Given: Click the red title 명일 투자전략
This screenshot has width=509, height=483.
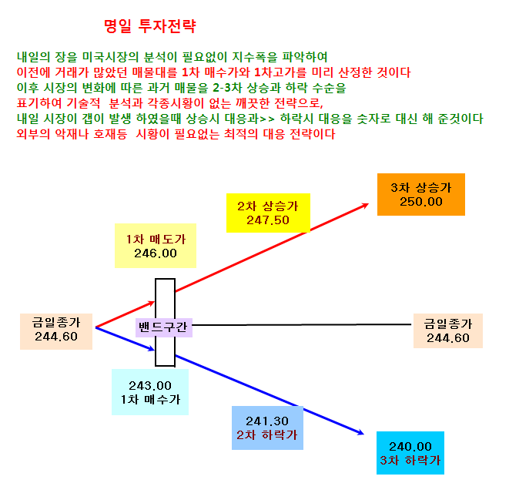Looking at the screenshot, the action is click(x=150, y=26).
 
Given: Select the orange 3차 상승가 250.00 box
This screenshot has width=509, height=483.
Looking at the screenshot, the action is click(x=421, y=194).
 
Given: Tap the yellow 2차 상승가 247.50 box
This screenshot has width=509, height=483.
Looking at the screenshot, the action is click(x=268, y=213).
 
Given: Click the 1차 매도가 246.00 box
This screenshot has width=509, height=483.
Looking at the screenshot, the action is click(x=156, y=246).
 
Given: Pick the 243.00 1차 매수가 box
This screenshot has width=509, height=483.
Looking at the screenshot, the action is click(x=150, y=392).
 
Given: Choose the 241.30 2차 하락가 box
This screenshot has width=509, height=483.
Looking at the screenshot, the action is click(x=267, y=428).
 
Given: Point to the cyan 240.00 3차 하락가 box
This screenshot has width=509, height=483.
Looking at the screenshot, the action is click(x=410, y=453).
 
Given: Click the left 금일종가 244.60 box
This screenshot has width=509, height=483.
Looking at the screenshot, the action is click(x=56, y=331).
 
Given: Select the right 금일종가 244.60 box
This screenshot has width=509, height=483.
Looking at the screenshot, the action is click(x=448, y=330).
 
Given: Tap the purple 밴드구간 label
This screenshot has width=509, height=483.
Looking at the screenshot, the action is click(x=163, y=327).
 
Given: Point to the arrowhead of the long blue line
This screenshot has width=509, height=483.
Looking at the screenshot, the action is click(x=363, y=434).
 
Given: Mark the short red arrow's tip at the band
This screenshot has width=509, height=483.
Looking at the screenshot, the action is click(x=154, y=302).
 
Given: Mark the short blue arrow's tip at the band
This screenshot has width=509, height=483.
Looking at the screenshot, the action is click(x=154, y=350).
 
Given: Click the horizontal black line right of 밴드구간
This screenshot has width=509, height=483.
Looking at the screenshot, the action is click(x=302, y=324).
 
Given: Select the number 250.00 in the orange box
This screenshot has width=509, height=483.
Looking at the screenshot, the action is click(x=421, y=202).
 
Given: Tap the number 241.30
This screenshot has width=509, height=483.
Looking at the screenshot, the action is click(x=267, y=421).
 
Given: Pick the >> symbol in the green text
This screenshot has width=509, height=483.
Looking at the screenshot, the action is click(x=267, y=119).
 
